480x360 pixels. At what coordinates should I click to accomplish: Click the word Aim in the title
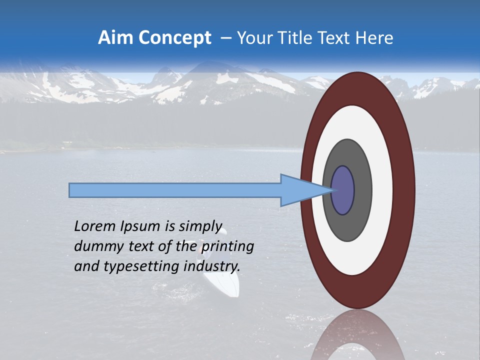[x=115, y=38]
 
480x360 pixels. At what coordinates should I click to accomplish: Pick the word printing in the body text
[x=227, y=246]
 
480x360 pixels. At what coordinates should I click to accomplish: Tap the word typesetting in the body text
[x=133, y=266]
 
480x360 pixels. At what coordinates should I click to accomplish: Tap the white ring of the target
[x=382, y=190]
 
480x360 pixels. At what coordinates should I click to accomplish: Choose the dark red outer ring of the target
[x=403, y=190]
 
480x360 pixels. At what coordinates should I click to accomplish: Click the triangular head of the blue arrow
[x=300, y=190]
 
